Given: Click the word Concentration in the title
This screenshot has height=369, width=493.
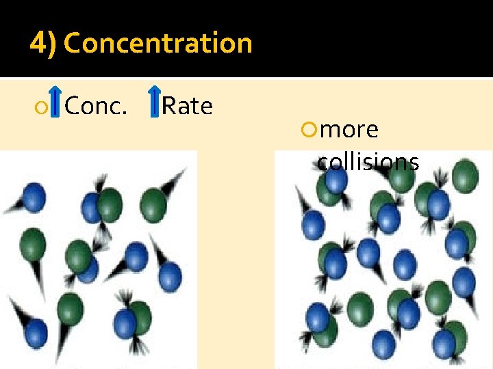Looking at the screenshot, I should coord(158,44).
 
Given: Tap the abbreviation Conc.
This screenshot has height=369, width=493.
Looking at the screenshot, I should coord(96,106).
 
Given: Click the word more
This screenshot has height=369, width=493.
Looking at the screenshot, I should coord(349,129).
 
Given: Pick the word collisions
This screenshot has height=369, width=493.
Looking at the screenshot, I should coord(368,161).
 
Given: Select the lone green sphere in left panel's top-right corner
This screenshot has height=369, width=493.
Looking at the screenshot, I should coord(153,201).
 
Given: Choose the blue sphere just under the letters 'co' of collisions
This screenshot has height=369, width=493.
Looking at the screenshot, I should coord(336,179).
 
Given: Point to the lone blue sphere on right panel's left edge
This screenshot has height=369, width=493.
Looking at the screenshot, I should coord(313,223).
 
